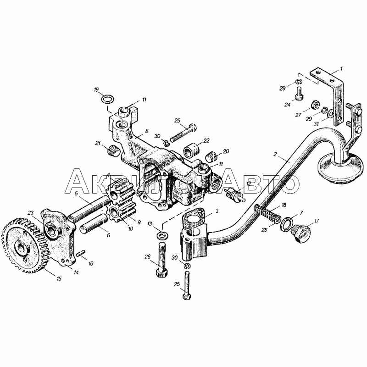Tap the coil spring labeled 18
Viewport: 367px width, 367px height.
pos(267,213)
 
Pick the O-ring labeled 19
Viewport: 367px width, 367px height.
pos(108,99)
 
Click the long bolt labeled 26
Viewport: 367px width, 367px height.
pos(161,260)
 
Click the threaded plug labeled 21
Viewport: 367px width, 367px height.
pos(114,150)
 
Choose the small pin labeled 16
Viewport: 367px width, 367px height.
pos(81,253)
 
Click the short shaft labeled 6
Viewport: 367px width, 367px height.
pos(94,225)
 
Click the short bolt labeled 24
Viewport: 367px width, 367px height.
pos(299,94)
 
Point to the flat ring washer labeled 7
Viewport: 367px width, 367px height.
pos(286,224)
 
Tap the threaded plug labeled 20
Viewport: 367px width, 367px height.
pos(211,156)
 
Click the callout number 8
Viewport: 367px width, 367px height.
pos(147,131)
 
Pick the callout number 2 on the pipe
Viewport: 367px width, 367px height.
pos(275,154)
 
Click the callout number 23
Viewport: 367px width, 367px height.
pos(31,213)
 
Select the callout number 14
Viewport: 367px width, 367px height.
pos(76,272)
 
